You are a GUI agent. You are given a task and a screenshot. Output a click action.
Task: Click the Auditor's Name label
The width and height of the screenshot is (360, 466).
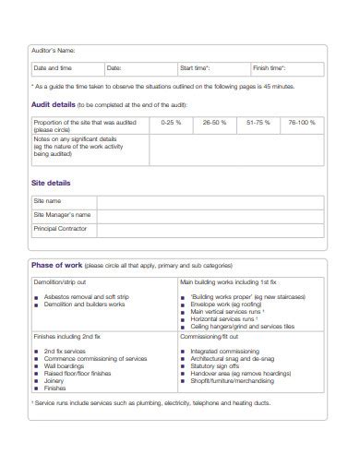(x=54, y=51)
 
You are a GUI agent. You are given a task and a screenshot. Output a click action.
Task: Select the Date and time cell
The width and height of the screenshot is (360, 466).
(x=53, y=68)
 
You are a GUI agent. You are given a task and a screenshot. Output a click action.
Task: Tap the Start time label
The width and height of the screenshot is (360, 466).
(x=195, y=68)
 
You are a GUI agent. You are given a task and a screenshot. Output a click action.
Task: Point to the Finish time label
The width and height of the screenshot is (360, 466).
(x=270, y=68)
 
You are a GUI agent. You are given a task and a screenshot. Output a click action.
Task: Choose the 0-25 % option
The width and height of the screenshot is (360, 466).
(x=171, y=122)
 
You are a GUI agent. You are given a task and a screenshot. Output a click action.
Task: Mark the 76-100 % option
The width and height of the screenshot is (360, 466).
(x=302, y=122)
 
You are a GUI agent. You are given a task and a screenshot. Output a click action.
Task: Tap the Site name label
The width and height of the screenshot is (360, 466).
(x=47, y=200)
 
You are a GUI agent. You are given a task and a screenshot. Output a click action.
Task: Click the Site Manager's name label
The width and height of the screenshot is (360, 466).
(x=61, y=214)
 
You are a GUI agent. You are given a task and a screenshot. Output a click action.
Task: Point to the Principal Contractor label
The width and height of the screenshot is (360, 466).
(x=59, y=228)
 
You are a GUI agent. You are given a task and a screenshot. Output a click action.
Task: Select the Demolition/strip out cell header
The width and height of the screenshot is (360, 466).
(x=60, y=281)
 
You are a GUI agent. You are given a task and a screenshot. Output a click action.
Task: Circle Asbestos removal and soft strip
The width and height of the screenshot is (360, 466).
(x=87, y=298)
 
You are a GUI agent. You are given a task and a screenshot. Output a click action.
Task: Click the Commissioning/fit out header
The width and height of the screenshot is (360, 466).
(x=210, y=338)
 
